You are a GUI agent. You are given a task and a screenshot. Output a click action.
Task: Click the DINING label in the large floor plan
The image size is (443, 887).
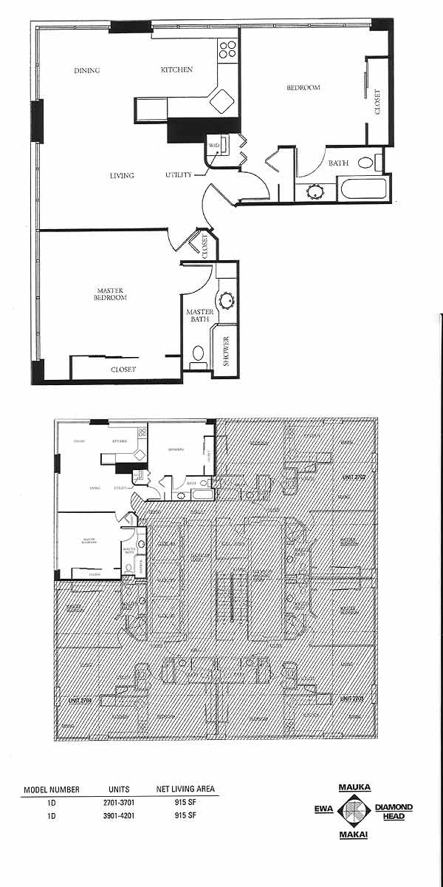pos(86,71)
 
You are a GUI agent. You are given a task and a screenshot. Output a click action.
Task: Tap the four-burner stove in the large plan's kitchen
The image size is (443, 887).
pos(228,50)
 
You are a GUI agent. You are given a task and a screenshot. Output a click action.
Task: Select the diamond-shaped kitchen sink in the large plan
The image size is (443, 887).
pos(221,100)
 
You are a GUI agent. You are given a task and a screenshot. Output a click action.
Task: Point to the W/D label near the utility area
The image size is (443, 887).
pos(214,144)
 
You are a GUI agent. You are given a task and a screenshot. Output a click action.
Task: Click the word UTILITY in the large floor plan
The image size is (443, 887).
pos(179,175)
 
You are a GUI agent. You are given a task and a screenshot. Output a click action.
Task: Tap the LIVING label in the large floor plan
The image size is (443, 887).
pos(122,176)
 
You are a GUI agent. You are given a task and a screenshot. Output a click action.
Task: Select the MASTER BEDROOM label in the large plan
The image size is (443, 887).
pos(111,293)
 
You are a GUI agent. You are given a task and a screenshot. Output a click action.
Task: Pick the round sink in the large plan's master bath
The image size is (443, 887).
pos(225,301)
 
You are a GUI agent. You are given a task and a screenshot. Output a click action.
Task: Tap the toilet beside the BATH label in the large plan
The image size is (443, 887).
pos(365,163)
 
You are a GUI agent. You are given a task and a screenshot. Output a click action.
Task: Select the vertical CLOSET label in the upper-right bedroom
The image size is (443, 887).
pos(378,102)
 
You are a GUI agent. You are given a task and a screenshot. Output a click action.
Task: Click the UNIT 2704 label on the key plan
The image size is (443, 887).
pos(69,697)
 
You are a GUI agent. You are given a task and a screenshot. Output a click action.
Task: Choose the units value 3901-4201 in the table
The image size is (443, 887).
pos(118,816)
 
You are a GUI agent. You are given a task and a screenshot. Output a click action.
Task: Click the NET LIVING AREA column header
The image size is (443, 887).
pos(185,789)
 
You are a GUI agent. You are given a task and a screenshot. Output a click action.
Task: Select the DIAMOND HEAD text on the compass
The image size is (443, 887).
pos(394,812)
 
